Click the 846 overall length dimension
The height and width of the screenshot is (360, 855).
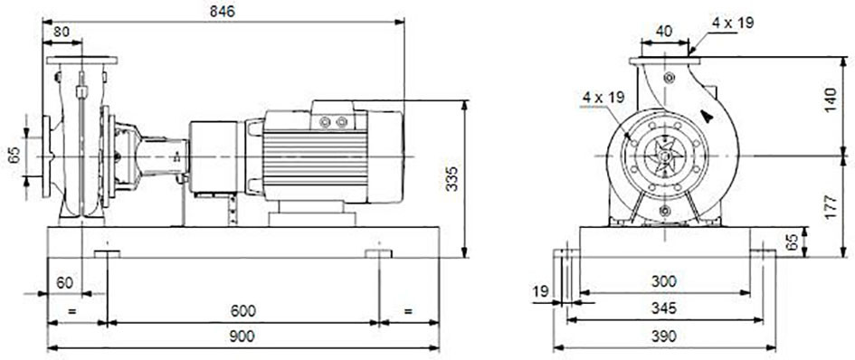223,12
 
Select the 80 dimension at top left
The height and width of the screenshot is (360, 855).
62,32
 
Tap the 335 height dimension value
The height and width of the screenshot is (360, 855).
452,179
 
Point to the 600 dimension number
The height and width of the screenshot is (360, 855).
242,311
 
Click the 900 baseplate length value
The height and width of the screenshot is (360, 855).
242,336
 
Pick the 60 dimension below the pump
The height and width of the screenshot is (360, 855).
64,283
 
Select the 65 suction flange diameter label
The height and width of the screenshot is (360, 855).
14,156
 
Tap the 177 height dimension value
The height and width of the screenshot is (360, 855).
831,207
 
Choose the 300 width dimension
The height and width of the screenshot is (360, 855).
664,281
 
